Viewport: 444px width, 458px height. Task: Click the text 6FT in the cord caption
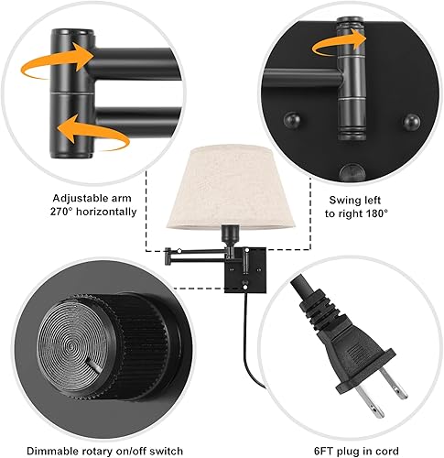pyautogui.click(x=313, y=449)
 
